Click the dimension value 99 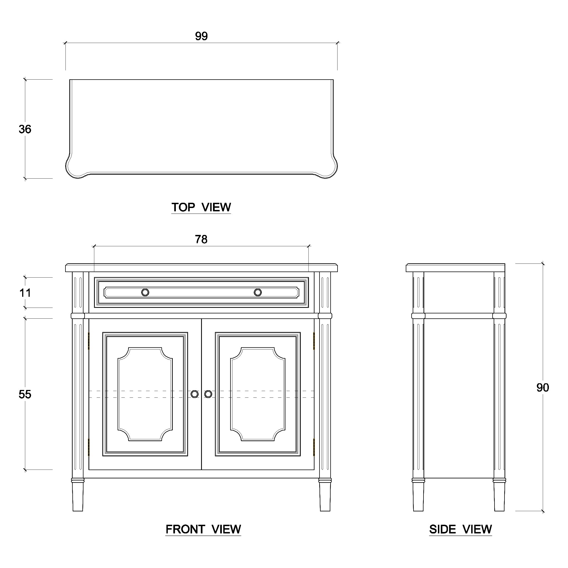[x=201, y=36]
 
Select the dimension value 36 [x=25, y=129]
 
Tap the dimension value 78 [x=201, y=240]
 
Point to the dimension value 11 [x=25, y=293]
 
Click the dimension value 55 [x=25, y=395]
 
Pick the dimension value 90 [x=542, y=388]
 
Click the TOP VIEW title [x=201, y=207]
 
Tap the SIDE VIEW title [x=460, y=529]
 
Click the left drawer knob [x=145, y=293]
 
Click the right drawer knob [x=258, y=293]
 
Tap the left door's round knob [x=195, y=394]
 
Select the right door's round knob [x=208, y=394]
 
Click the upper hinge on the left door [x=89, y=341]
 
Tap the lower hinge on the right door [x=314, y=447]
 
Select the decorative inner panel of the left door [x=145, y=394]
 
